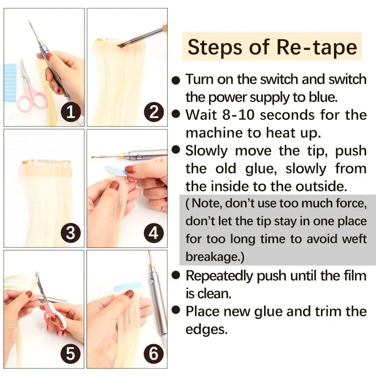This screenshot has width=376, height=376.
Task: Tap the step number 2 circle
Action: pos(154,112)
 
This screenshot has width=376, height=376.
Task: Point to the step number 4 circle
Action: pos(154,233)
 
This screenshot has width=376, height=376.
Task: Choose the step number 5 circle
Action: pos(70,353)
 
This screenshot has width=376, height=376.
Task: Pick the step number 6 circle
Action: pos(154,353)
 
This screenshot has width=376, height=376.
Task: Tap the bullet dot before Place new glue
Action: pos(176,311)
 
